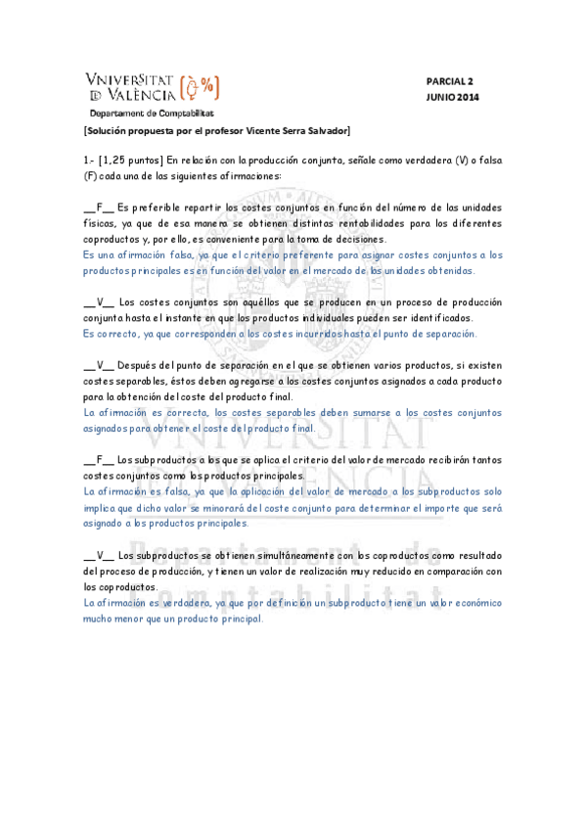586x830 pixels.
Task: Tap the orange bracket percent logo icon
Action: [x=202, y=89]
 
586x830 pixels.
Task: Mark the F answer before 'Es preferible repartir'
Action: [x=99, y=207]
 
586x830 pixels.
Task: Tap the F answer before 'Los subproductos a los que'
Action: [x=99, y=460]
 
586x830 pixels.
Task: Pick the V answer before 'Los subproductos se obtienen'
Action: [x=99, y=555]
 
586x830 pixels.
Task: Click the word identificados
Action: [x=437, y=318]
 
